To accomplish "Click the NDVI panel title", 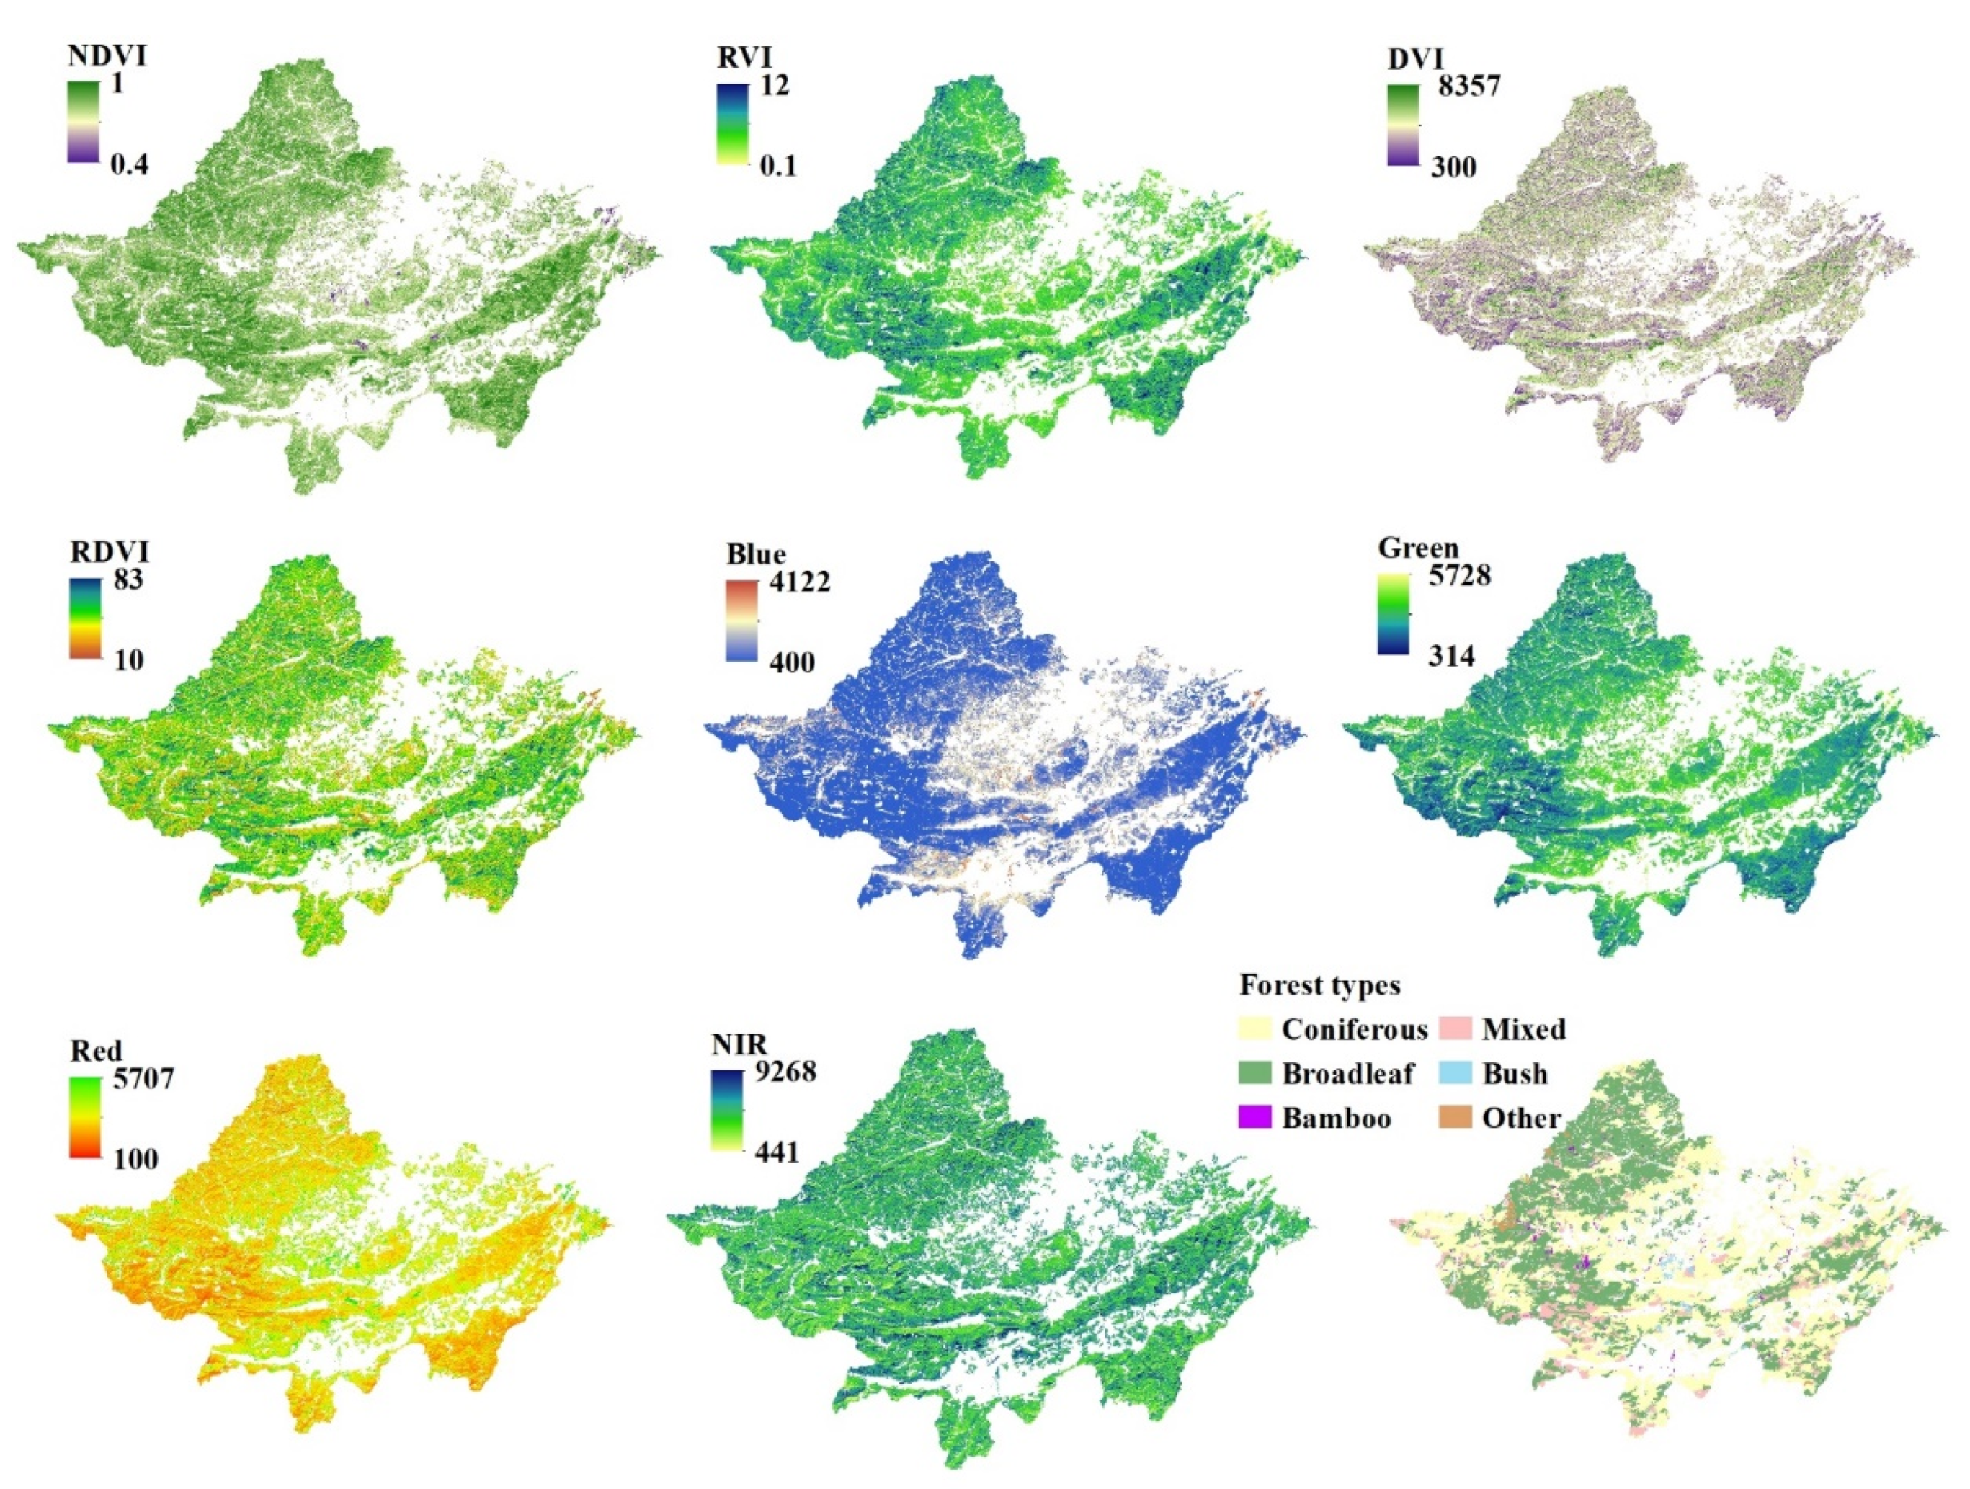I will coord(107,56).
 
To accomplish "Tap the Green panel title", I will coord(1418,548).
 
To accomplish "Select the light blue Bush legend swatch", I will coord(1454,1073).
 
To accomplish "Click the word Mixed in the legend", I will coord(1524,1029).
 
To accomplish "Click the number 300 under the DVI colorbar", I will coord(1453,166).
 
